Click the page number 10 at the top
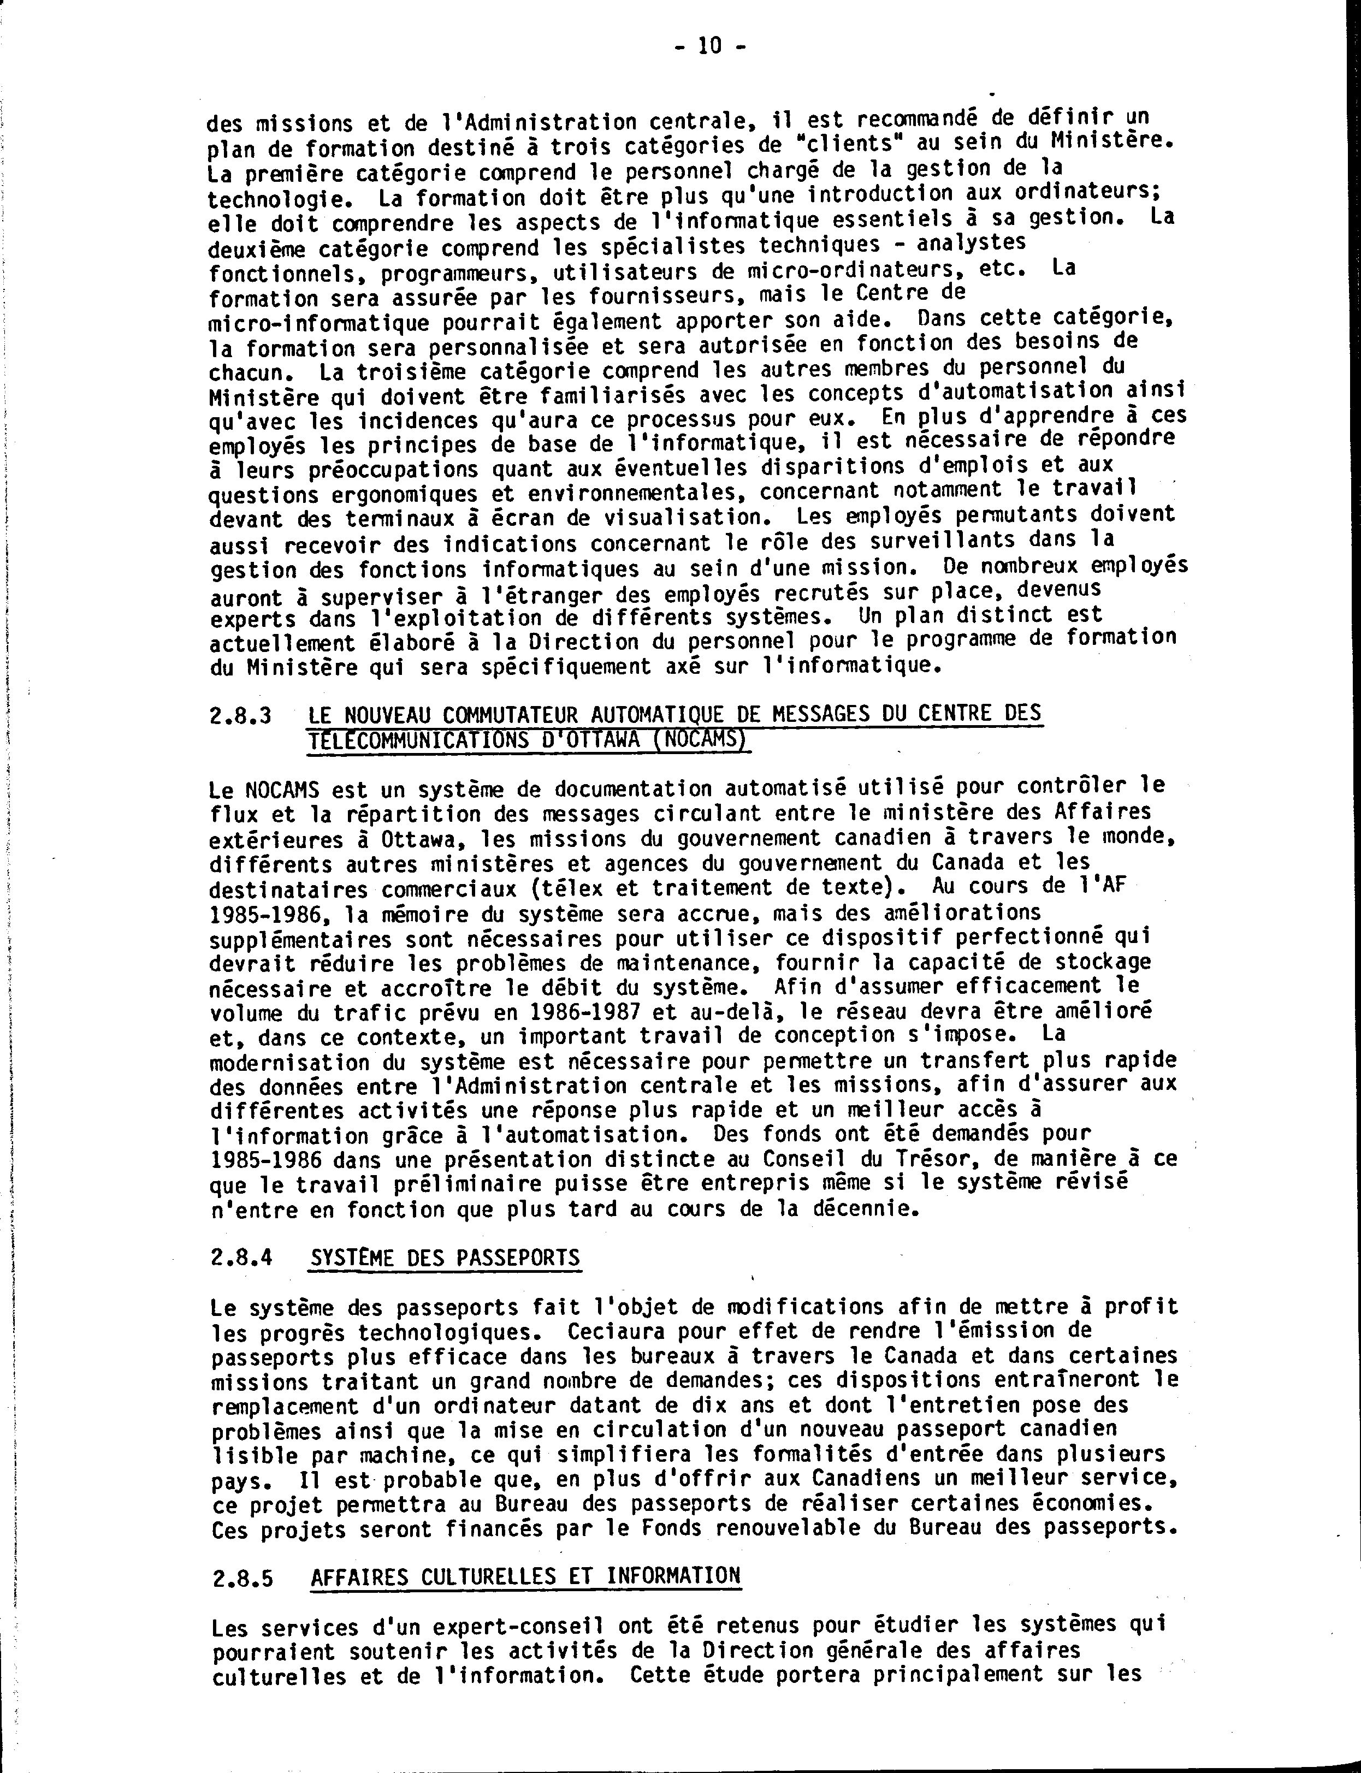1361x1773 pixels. (x=709, y=46)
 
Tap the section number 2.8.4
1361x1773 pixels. (x=241, y=1258)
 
